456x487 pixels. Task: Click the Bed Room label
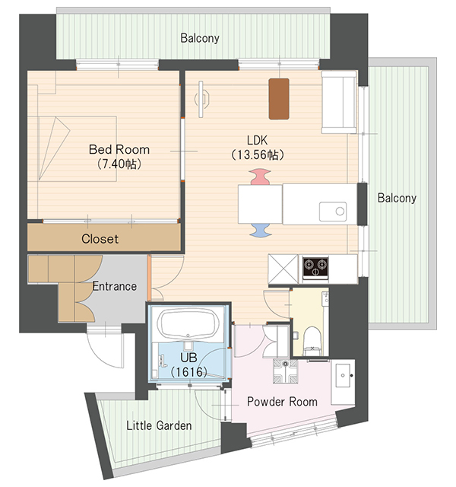click(x=119, y=150)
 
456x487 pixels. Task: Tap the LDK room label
click(x=256, y=140)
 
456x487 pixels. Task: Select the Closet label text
click(x=100, y=239)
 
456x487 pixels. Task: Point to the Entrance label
click(x=115, y=286)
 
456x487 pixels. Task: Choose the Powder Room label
click(x=282, y=401)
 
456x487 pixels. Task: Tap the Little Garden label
click(x=158, y=425)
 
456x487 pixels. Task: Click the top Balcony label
click(x=200, y=37)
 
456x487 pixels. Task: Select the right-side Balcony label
click(x=397, y=198)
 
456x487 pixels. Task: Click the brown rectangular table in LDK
click(x=279, y=98)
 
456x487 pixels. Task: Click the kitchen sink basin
click(x=332, y=211)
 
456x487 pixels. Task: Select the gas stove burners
click(x=316, y=266)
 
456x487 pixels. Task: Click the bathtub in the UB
click(x=187, y=326)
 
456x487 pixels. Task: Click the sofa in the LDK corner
click(x=338, y=102)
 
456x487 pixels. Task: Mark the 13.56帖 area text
click(x=256, y=154)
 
